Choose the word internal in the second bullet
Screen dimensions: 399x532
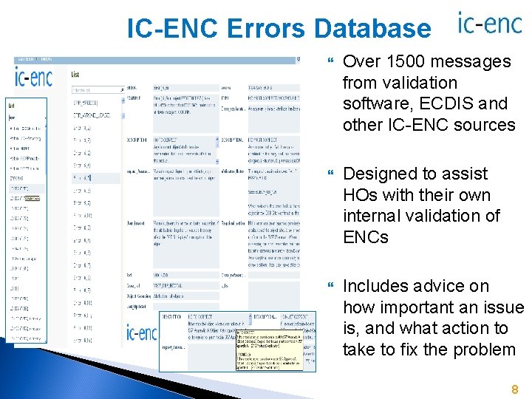tap(375, 216)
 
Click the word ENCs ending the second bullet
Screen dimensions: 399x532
tap(368, 237)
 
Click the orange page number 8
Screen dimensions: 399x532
tap(514, 389)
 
